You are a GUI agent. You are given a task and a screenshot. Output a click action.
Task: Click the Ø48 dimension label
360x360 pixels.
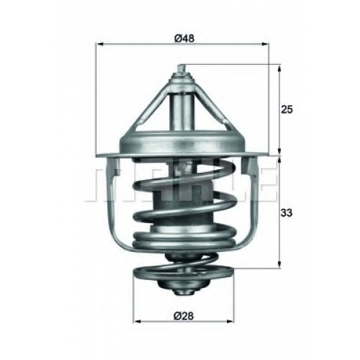coord(184,38)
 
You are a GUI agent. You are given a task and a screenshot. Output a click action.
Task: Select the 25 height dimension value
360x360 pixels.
coord(287,109)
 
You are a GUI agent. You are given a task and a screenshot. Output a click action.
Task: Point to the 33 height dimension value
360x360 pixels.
coord(287,212)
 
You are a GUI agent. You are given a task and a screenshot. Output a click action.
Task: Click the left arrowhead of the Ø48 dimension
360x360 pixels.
coord(99,44)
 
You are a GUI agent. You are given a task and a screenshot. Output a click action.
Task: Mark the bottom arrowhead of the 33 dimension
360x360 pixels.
coord(279,265)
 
